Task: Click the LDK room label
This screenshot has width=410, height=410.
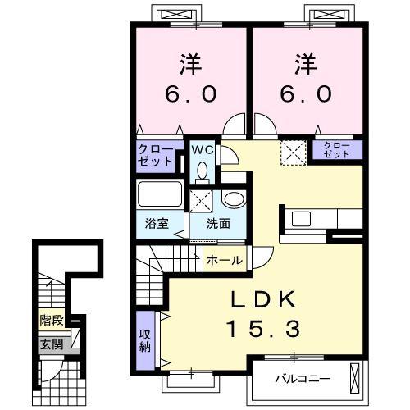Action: tap(263, 299)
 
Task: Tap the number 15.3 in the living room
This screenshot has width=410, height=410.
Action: tap(263, 328)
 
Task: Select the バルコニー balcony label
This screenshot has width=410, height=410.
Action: tap(303, 379)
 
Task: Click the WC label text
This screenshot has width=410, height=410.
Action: tap(203, 150)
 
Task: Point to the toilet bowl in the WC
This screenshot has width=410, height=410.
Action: tap(203, 172)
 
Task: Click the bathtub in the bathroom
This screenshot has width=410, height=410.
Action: tap(160, 194)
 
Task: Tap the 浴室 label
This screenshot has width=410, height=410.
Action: tap(157, 223)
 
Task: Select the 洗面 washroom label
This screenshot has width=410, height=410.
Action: tap(218, 224)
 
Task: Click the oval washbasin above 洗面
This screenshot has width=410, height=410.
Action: tap(234, 199)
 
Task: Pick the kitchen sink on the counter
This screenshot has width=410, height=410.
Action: tap(301, 219)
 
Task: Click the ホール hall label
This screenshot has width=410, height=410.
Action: tap(225, 260)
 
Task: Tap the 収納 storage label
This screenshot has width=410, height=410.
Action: tap(145, 340)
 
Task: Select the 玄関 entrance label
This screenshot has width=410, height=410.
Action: tap(52, 344)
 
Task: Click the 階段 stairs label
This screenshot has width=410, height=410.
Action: tap(52, 320)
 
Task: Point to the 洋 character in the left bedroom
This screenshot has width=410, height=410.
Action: tap(191, 64)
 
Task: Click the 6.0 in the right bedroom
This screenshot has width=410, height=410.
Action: tap(306, 93)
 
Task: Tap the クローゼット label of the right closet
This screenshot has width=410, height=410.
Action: tap(336, 150)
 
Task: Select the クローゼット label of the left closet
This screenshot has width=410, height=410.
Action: tap(156, 156)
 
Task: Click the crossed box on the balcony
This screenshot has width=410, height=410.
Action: tap(354, 378)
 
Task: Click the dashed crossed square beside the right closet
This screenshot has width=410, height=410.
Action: tap(294, 153)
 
